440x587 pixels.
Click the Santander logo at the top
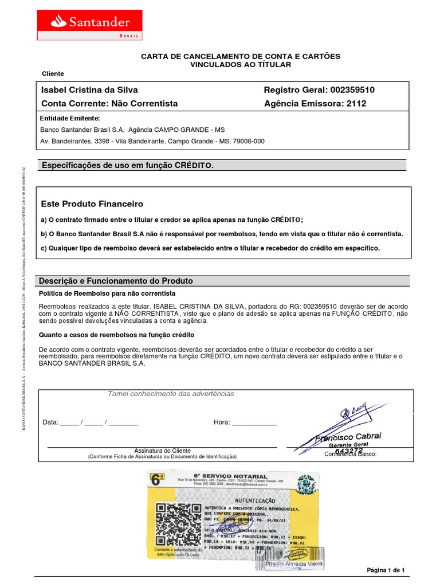(x=89, y=25)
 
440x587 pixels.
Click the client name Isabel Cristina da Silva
(x=89, y=90)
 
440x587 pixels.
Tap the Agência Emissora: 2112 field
(x=315, y=104)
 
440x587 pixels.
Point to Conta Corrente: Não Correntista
(x=109, y=104)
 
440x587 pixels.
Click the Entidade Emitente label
(x=69, y=118)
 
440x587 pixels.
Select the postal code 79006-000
(x=246, y=141)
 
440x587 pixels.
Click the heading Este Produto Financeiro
(x=92, y=204)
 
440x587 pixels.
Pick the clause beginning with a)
(x=172, y=220)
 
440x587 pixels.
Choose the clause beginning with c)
(x=210, y=248)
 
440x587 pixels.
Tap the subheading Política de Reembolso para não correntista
(x=107, y=293)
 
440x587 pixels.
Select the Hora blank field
(x=253, y=422)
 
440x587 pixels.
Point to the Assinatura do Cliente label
(x=162, y=451)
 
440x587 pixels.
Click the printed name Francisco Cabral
(x=348, y=437)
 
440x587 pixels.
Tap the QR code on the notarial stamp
(x=177, y=523)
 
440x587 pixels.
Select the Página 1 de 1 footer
(x=386, y=570)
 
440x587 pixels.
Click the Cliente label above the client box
(x=53, y=74)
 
